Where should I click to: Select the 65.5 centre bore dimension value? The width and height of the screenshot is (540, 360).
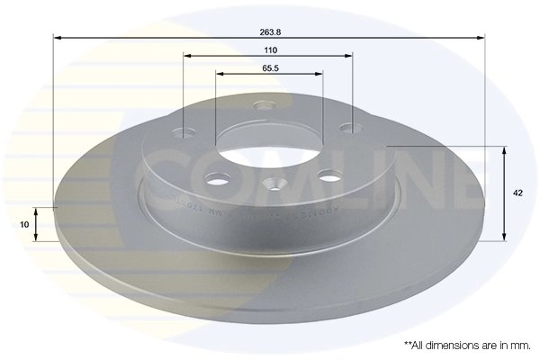pyautogui.click(x=268, y=67)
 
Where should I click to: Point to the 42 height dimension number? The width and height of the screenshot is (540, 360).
pyautogui.click(x=517, y=193)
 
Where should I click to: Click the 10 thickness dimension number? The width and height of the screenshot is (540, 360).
pyautogui.click(x=23, y=224)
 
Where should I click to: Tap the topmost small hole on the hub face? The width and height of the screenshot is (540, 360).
pyautogui.click(x=265, y=106)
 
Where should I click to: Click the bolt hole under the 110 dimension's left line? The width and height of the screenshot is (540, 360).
pyautogui.click(x=186, y=134)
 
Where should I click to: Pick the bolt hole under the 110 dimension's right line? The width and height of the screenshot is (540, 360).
pyautogui.click(x=346, y=131)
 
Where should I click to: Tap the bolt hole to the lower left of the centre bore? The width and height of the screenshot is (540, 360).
pyautogui.click(x=217, y=180)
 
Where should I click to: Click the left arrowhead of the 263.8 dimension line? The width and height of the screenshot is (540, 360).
pyautogui.click(x=58, y=38)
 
